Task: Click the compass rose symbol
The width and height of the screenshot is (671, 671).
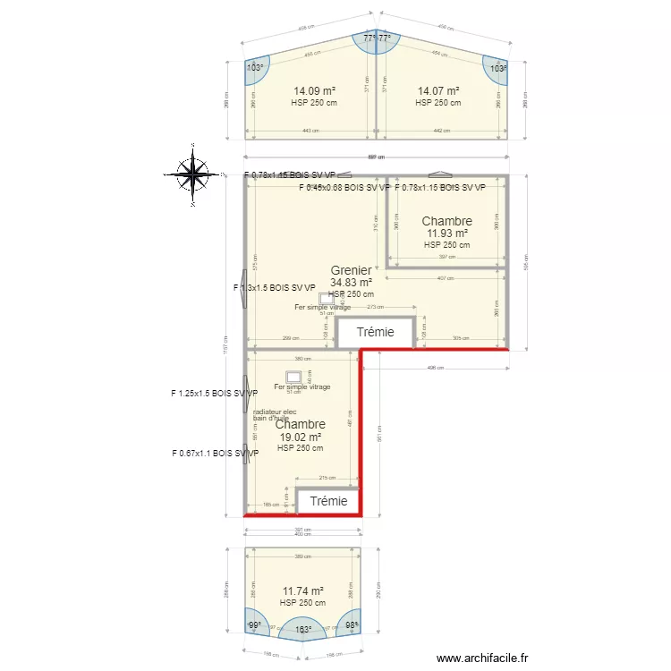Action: click(192, 174)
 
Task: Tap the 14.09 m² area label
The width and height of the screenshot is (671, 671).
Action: click(314, 90)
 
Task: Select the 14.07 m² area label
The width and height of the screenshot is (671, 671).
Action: click(438, 90)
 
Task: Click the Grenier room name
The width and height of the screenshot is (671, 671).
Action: click(351, 270)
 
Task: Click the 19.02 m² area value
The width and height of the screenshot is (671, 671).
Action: click(300, 437)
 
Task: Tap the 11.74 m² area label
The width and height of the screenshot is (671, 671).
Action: click(302, 591)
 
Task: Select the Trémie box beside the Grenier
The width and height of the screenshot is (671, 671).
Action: click(375, 332)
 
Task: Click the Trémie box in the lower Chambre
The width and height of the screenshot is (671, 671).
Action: click(328, 502)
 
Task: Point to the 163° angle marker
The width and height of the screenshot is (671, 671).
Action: click(303, 630)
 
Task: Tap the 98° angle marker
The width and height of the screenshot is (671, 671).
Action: click(352, 624)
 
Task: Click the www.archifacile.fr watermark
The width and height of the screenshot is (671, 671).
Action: click(483, 658)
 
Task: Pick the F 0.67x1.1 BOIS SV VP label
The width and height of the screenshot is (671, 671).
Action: click(215, 454)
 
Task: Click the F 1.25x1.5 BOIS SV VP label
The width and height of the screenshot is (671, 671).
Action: click(215, 393)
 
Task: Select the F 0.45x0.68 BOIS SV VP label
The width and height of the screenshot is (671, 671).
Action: click(344, 188)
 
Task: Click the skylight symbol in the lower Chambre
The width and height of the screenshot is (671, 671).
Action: click(293, 377)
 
